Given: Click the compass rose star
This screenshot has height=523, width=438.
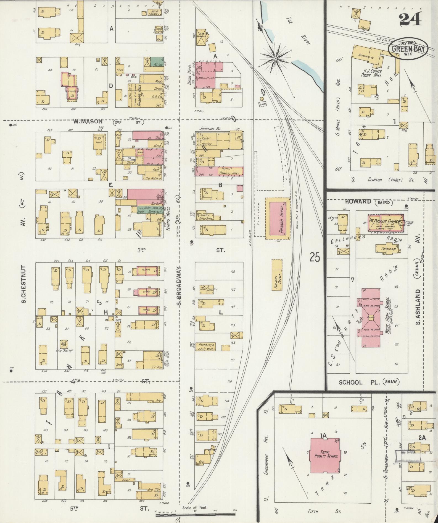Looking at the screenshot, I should point(275,58).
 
